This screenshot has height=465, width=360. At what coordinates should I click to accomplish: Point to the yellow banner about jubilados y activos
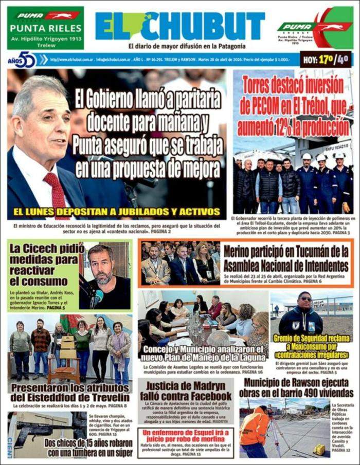pyautogui.click(x=117, y=211)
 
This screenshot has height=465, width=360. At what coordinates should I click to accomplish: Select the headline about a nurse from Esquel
pyautogui.click(x=185, y=437)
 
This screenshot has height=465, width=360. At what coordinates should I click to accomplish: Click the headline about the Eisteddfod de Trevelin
pyautogui.click(x=70, y=393)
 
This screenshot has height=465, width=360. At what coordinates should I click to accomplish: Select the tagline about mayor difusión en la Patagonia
pyautogui.click(x=179, y=46)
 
